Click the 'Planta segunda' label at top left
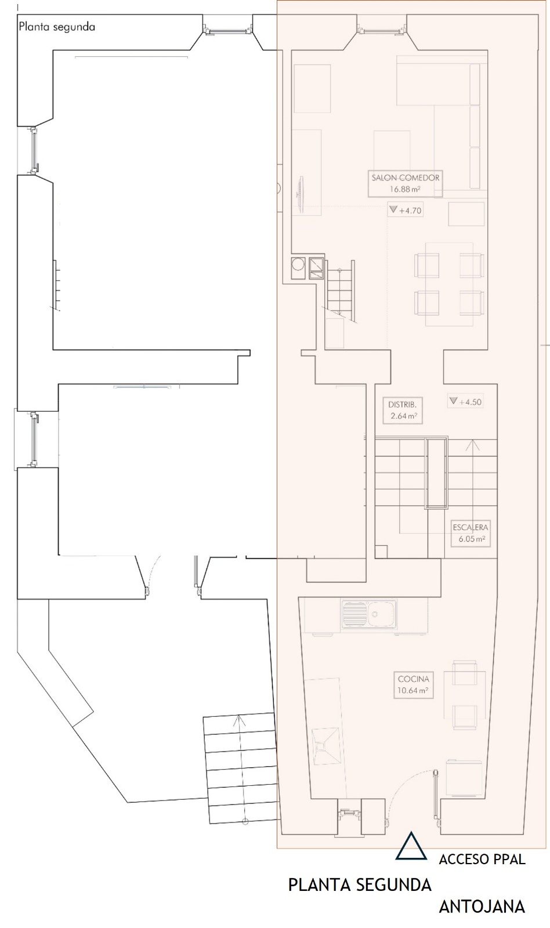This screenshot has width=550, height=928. (x=57, y=27)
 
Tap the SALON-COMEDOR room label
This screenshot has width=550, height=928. (x=406, y=177)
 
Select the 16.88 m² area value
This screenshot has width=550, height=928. (x=406, y=189)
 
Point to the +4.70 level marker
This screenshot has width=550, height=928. (x=406, y=210)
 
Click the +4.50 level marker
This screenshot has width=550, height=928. (x=465, y=401)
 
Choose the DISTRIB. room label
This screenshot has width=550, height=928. (x=402, y=404)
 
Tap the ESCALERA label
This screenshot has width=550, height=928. (x=471, y=527)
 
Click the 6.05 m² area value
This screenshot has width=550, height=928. (x=472, y=539)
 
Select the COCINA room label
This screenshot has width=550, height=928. (x=413, y=679)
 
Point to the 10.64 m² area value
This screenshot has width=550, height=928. (x=413, y=691)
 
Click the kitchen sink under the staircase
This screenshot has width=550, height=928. (x=369, y=614)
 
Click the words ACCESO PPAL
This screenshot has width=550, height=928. (x=482, y=859)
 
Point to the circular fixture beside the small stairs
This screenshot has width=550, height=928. (x=298, y=264)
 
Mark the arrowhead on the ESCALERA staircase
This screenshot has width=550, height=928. (x=472, y=445)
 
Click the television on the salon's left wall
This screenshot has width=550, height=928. (x=300, y=189)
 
